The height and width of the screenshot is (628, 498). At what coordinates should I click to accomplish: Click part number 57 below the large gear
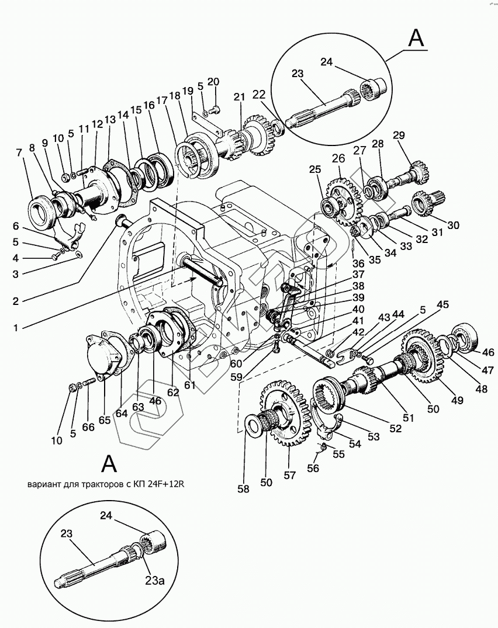coord(289,475)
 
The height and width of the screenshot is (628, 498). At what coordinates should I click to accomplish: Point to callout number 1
coord(16,328)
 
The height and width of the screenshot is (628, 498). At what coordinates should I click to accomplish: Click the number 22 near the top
coord(259,95)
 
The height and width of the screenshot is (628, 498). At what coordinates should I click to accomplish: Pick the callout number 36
coord(358,264)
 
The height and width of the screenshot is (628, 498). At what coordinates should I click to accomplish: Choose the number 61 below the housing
coord(189,385)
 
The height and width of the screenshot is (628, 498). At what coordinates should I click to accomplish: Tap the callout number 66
coord(88,427)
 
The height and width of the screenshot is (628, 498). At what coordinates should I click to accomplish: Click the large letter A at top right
coord(416,39)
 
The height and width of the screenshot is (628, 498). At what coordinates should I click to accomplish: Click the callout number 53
coord(373,436)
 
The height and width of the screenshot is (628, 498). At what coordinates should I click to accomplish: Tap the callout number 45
coord(442,304)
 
